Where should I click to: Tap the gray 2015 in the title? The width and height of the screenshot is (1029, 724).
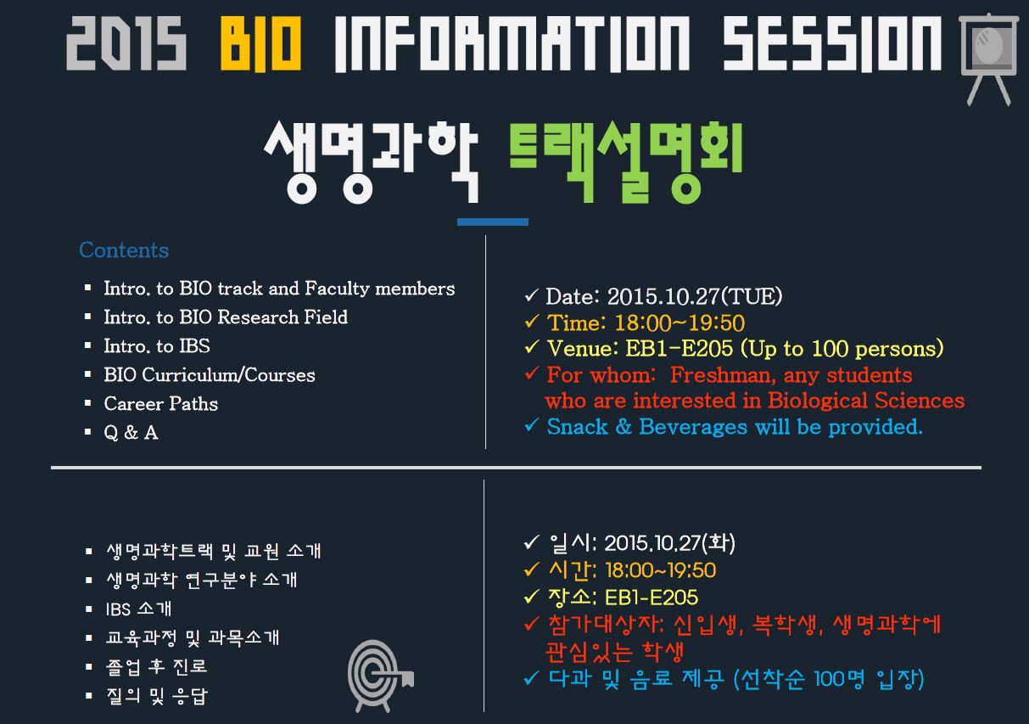tap(126, 43)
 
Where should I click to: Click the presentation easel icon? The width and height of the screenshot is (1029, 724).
tap(988, 59)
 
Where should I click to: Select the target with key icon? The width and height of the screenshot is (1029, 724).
tap(380, 676)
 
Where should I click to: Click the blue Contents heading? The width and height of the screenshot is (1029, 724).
tap(124, 250)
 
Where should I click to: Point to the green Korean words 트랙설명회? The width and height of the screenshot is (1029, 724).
tap(626, 162)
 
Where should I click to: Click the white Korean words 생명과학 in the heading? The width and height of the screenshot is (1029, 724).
tap(372, 162)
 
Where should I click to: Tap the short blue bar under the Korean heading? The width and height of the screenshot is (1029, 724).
tap(493, 222)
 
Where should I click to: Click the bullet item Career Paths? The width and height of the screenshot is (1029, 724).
tap(161, 404)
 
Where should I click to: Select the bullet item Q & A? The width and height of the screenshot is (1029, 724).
tap(131, 433)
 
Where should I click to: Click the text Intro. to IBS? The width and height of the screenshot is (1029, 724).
tap(157, 345)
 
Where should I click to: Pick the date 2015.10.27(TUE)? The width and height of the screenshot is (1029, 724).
tap(695, 296)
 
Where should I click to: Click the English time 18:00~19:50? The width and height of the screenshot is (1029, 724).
tap(679, 323)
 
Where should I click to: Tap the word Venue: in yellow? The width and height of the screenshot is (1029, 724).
tap(583, 349)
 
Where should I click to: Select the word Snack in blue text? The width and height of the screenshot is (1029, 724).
tap(578, 427)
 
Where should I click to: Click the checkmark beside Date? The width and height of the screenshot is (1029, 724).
tap(531, 295)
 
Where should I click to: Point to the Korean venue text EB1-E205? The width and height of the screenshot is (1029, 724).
tap(652, 598)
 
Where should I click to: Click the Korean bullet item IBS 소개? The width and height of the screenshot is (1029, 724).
tap(139, 609)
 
